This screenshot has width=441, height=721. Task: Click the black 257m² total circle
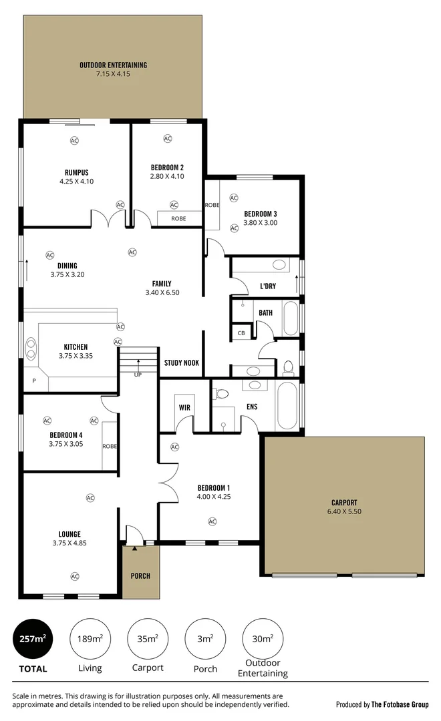(x=33, y=639)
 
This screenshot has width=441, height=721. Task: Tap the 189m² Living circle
(x=90, y=639)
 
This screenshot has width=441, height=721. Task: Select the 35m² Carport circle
(x=147, y=639)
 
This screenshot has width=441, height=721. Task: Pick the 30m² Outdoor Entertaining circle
(x=262, y=639)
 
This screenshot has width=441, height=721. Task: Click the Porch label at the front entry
(x=140, y=575)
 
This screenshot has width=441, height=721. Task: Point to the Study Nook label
(x=182, y=363)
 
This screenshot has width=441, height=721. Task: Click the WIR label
(x=185, y=407)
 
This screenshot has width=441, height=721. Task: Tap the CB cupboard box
(x=241, y=333)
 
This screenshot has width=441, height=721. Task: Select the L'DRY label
(x=268, y=286)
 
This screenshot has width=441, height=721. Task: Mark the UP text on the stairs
(x=138, y=375)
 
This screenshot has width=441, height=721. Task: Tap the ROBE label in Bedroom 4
(x=110, y=446)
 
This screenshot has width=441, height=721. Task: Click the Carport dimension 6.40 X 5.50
(x=344, y=511)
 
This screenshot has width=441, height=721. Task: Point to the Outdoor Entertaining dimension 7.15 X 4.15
(x=113, y=74)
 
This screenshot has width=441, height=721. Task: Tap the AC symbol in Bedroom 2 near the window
(x=167, y=138)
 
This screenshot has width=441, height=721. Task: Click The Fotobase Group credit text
(x=400, y=704)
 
